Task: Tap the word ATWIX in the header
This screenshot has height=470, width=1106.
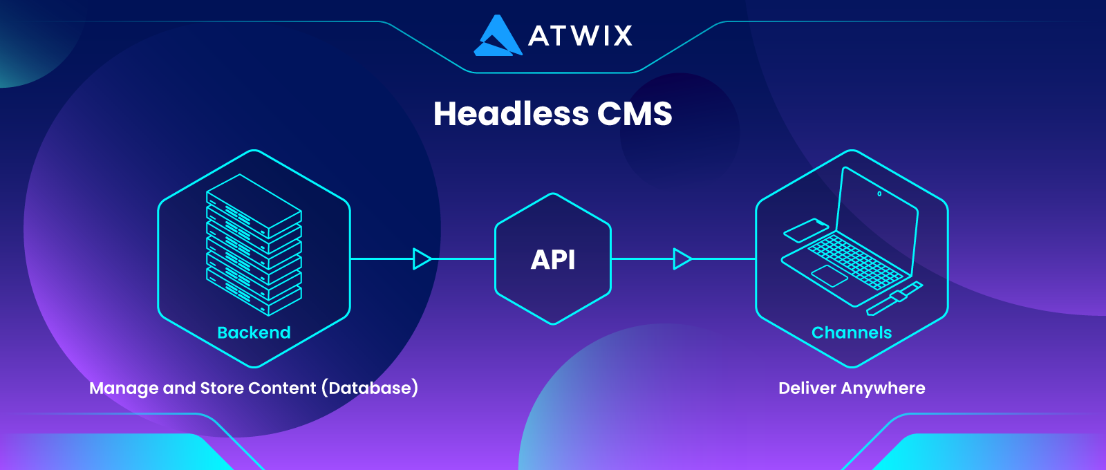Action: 580,35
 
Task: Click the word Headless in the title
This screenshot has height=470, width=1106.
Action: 512,114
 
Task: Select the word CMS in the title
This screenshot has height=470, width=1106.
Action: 635,114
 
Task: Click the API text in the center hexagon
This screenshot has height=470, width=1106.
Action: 553,260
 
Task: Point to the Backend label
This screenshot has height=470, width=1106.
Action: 254,332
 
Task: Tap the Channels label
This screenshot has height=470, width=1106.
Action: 852,332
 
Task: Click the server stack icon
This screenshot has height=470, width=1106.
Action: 254,245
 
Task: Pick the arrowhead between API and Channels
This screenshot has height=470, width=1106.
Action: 682,259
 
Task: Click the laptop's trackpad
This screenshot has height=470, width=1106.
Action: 829,276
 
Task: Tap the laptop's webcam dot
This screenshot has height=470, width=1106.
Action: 879,194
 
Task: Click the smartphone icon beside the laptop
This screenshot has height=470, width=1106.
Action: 806,230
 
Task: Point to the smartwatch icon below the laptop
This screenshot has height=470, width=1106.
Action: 894,298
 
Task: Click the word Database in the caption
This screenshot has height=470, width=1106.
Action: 370,388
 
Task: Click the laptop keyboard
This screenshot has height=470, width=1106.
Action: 859,262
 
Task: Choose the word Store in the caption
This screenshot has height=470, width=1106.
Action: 222,388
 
